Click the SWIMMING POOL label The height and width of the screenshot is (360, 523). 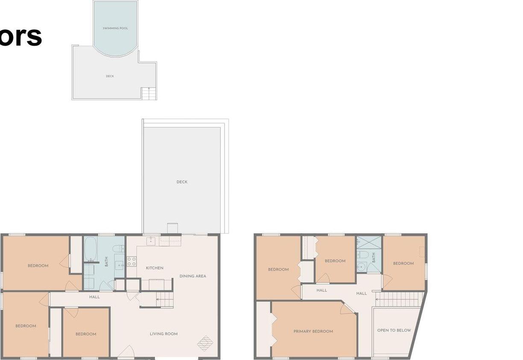click(x=115, y=29)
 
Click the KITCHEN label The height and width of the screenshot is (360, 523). click(x=155, y=268)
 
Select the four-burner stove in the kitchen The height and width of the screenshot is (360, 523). click(x=131, y=261)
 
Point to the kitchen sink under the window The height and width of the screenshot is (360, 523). click(x=151, y=241)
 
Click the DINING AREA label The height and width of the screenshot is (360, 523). click(x=193, y=276)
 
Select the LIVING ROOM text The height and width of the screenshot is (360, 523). click(x=164, y=334)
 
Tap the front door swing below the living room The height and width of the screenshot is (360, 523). click(x=126, y=352)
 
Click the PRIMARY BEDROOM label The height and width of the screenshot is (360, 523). click(x=313, y=331)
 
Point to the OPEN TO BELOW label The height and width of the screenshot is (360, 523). click(x=394, y=330)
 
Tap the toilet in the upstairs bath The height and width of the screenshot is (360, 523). click(x=363, y=255)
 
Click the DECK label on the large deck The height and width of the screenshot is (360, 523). click(x=182, y=182)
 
